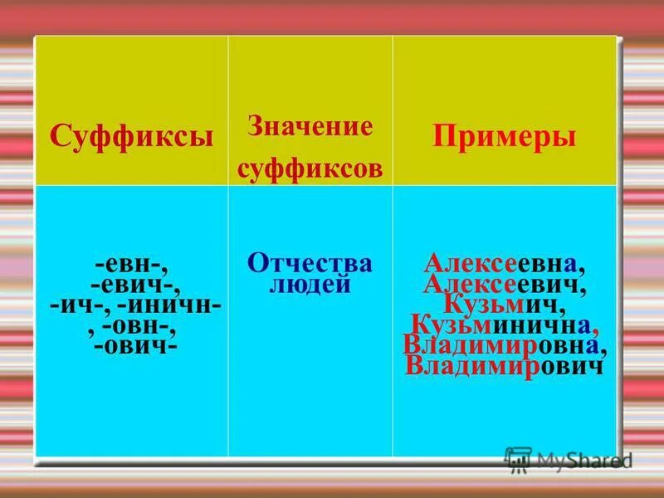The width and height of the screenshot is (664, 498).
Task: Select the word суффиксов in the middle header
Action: (310, 168)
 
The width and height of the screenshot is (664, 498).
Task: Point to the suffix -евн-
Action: (133, 266)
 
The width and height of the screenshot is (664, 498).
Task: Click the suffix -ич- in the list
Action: (76, 305)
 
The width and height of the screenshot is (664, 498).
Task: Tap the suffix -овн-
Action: (139, 325)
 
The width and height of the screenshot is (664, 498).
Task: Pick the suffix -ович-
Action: (135, 345)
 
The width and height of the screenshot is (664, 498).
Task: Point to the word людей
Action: (310, 285)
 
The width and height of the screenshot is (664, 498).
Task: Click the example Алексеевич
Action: (505, 285)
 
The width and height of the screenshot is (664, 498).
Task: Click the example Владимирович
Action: (504, 366)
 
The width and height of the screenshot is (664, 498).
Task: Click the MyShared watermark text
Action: (584, 459)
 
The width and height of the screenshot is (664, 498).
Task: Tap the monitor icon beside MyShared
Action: (518, 459)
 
